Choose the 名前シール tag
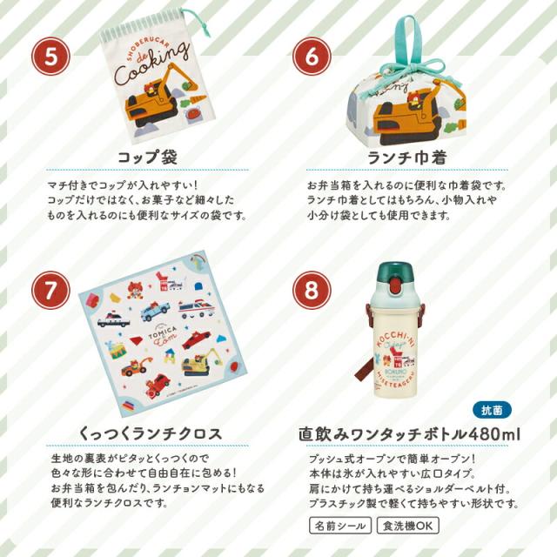(x=339, y=526)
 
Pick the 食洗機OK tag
(x=406, y=526)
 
